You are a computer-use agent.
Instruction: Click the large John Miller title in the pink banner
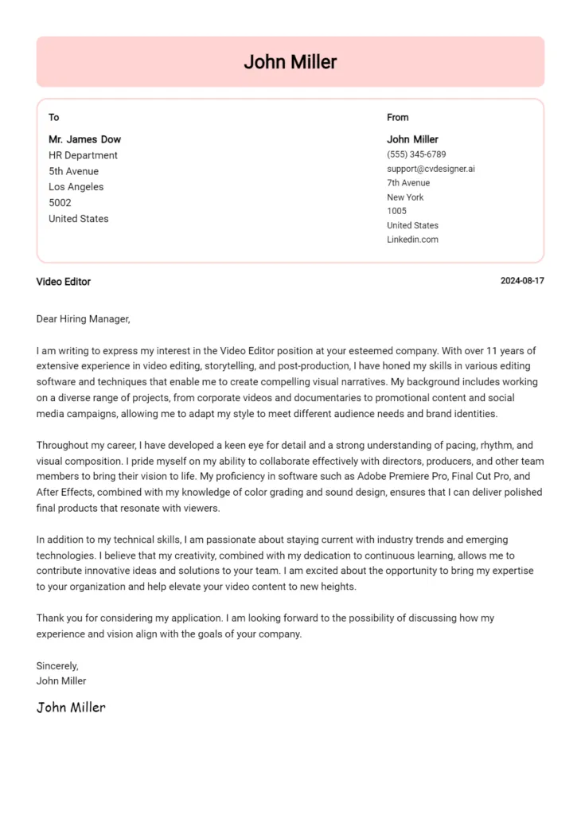pyautogui.click(x=290, y=62)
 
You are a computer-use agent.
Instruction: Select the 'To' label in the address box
pyautogui.click(x=54, y=118)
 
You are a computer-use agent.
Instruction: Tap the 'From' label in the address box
pyautogui.click(x=397, y=118)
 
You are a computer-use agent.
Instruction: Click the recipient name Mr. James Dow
pyautogui.click(x=84, y=139)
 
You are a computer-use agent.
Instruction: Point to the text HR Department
pyautogui.click(x=83, y=155)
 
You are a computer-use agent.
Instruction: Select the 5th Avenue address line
pyautogui.click(x=73, y=171)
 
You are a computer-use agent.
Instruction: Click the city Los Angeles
pyautogui.click(x=76, y=187)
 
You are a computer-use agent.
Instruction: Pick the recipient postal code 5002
pyautogui.click(x=60, y=203)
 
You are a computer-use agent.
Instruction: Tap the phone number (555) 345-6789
pyautogui.click(x=416, y=154)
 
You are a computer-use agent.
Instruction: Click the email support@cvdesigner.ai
pyautogui.click(x=431, y=169)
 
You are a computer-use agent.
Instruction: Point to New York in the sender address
pyautogui.click(x=405, y=197)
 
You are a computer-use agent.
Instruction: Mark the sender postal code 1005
pyautogui.click(x=396, y=211)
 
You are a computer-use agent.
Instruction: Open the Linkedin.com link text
pyautogui.click(x=412, y=240)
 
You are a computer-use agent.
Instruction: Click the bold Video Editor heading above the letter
pyautogui.click(x=64, y=282)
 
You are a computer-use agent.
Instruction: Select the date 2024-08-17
pyautogui.click(x=522, y=281)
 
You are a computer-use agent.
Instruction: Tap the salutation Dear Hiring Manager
pyautogui.click(x=83, y=319)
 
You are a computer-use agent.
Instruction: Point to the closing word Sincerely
pyautogui.click(x=57, y=665)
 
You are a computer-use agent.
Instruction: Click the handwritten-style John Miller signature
pyautogui.click(x=71, y=707)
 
